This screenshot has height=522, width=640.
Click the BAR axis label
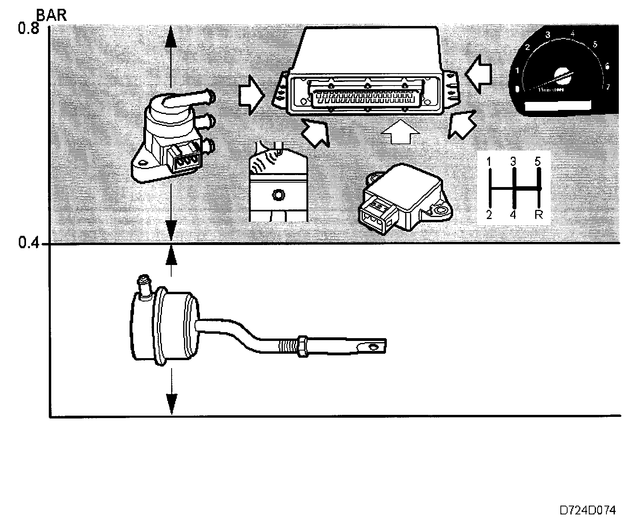pos(52,15)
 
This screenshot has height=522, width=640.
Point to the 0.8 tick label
pos(28,29)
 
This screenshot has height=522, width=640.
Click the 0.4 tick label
pos(28,243)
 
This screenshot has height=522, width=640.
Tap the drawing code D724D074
pos(587,510)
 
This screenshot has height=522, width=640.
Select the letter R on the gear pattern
pos(539,215)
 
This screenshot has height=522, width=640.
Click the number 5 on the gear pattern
pos(538,161)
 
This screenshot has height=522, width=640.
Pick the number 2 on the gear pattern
pos(489,215)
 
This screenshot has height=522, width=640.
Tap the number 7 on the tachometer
pos(608,87)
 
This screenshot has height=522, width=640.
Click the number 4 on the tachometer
pos(573,34)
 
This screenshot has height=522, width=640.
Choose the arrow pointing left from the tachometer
pos(479,75)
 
